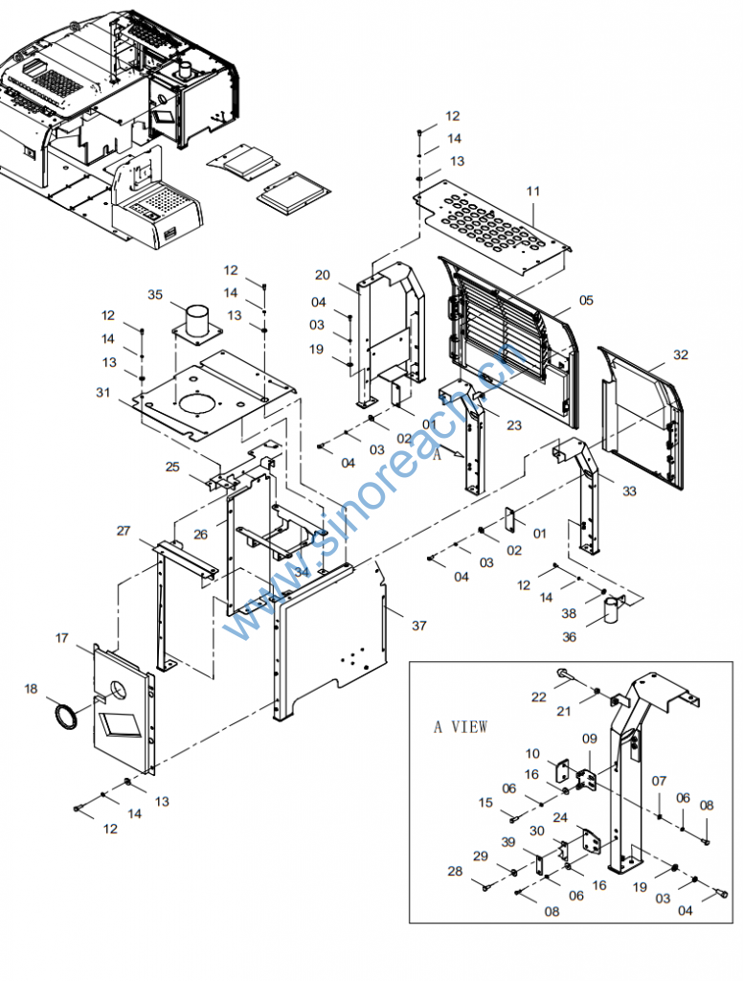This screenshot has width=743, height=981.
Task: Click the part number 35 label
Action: click(x=155, y=294)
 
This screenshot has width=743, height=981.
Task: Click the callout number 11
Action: click(x=533, y=191)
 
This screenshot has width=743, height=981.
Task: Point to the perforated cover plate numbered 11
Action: click(x=493, y=228)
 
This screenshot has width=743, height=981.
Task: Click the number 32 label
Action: click(x=681, y=354)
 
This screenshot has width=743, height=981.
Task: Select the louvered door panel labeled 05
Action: click(x=508, y=340)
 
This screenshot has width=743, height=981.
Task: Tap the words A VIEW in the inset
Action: click(x=461, y=726)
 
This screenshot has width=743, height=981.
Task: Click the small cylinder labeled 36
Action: click(x=612, y=608)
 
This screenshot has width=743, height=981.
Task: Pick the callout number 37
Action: click(x=419, y=625)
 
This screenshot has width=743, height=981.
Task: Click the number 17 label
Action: click(x=61, y=637)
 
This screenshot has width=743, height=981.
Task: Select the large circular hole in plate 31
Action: click(x=199, y=403)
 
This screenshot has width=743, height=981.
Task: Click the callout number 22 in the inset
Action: click(x=538, y=696)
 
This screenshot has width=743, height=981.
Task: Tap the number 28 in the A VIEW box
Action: click(x=456, y=870)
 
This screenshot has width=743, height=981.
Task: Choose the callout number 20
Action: click(x=322, y=275)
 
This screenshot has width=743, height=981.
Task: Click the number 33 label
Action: click(x=629, y=491)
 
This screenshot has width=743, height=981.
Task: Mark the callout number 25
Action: click(x=172, y=467)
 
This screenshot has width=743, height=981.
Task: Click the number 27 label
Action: click(x=124, y=531)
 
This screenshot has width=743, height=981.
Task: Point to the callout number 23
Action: click(x=514, y=425)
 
